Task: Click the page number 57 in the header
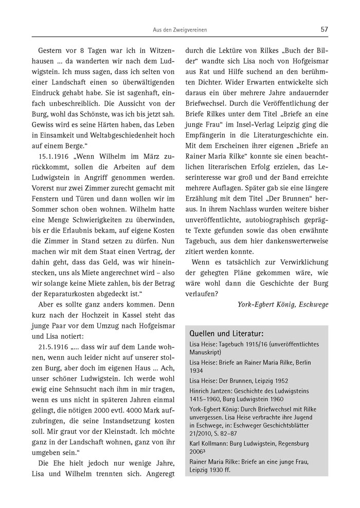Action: pyautogui.click(x=324, y=29)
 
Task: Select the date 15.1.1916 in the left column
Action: pyautogui.click(x=56, y=154)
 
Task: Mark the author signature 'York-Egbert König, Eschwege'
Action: pyautogui.click(x=283, y=304)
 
